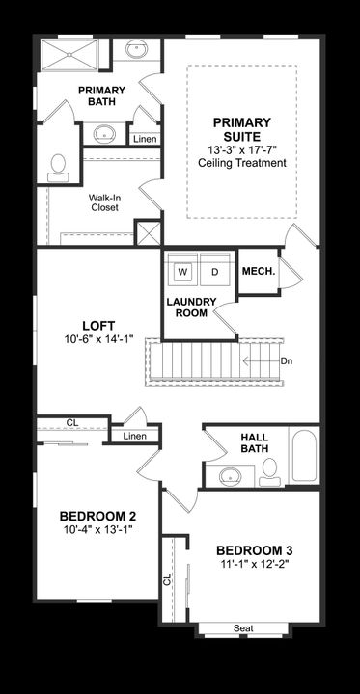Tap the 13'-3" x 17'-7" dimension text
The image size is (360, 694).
241,150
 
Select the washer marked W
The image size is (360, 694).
181,272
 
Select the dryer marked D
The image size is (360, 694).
215,272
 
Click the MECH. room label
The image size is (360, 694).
258,272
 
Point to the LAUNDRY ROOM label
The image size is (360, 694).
190,307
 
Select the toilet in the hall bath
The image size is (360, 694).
270,469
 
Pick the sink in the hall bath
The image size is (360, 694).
231,474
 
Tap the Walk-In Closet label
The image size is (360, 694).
104,201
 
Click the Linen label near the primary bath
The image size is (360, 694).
145,140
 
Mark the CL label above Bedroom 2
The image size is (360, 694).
72,422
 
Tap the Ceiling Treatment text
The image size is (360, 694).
241,163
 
